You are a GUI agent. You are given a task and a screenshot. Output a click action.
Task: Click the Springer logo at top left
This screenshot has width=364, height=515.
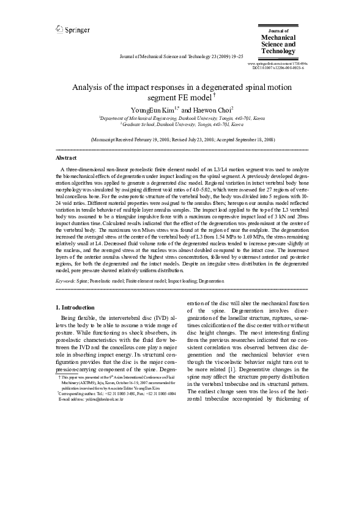73,29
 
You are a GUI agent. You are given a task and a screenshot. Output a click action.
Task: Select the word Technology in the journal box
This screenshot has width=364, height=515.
278,51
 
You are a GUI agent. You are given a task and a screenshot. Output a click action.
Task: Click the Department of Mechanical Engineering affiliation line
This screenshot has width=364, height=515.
182,117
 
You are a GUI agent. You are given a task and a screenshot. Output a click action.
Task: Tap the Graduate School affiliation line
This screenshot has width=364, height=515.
182,124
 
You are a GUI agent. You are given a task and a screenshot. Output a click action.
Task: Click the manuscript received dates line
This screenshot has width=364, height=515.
182,140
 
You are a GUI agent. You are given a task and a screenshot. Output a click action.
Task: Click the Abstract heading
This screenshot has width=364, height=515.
66,157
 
